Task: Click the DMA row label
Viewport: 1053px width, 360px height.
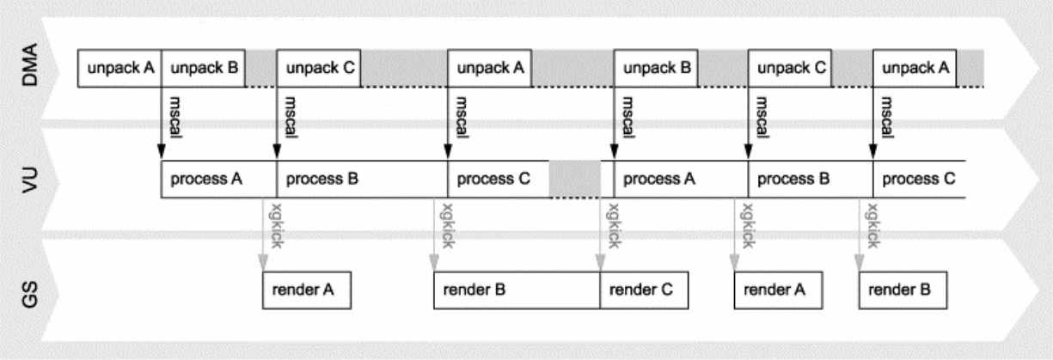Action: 29,64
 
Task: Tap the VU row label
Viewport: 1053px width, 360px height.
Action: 29,180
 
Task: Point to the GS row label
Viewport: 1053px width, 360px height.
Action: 29,294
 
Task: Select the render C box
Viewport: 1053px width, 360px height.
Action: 644,290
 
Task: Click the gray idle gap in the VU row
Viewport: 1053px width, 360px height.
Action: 574,179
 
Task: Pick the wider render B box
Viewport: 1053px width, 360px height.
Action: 517,290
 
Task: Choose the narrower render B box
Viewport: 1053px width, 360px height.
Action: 903,290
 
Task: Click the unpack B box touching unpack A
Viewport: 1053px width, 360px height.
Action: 203,68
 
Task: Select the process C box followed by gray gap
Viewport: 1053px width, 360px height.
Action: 499,179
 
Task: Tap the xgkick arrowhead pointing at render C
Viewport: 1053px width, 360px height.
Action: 600,262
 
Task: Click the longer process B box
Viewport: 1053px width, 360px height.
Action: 362,179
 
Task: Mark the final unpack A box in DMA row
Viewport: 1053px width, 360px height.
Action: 915,68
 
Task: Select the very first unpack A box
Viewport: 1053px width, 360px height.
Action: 119,68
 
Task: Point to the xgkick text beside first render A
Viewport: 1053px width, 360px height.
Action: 276,226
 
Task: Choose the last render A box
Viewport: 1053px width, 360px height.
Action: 778,290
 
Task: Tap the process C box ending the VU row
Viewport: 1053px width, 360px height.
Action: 919,179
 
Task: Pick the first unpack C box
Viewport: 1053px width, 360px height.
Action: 319,68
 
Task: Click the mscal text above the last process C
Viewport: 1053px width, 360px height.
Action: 886,118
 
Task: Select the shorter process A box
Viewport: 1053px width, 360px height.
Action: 219,179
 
